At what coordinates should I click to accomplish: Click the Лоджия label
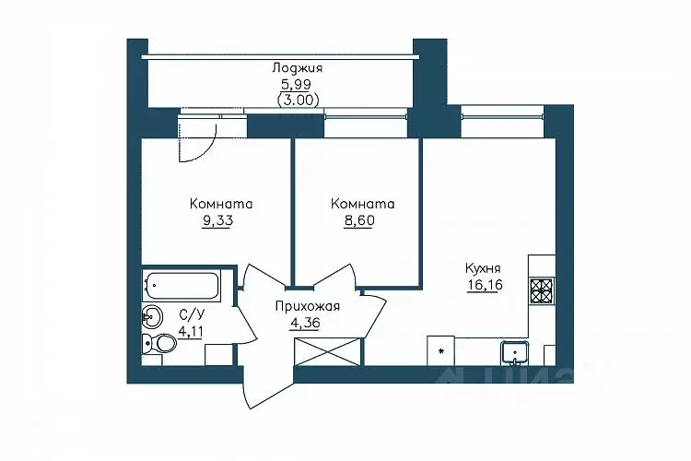(298, 68)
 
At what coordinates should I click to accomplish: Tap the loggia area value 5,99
(296, 84)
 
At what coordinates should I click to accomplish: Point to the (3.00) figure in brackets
(298, 100)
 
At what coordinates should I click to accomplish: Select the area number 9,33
(217, 220)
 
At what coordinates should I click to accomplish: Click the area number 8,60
(359, 220)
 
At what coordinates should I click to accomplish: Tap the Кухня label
(483, 268)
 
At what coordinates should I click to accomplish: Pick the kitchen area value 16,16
(485, 285)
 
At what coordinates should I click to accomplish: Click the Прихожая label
(307, 306)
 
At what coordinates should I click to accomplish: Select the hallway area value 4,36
(305, 323)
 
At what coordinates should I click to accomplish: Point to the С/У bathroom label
(193, 315)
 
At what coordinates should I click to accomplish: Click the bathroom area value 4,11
(191, 331)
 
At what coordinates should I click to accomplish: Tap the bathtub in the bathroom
(182, 285)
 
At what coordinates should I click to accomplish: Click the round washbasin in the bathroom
(152, 316)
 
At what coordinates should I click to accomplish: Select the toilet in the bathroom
(159, 343)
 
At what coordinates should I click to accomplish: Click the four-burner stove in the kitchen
(542, 290)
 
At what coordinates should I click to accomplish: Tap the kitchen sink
(514, 352)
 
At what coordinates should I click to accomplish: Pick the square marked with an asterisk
(440, 350)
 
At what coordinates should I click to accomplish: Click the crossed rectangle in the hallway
(328, 351)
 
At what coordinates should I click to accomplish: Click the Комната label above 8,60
(363, 204)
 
